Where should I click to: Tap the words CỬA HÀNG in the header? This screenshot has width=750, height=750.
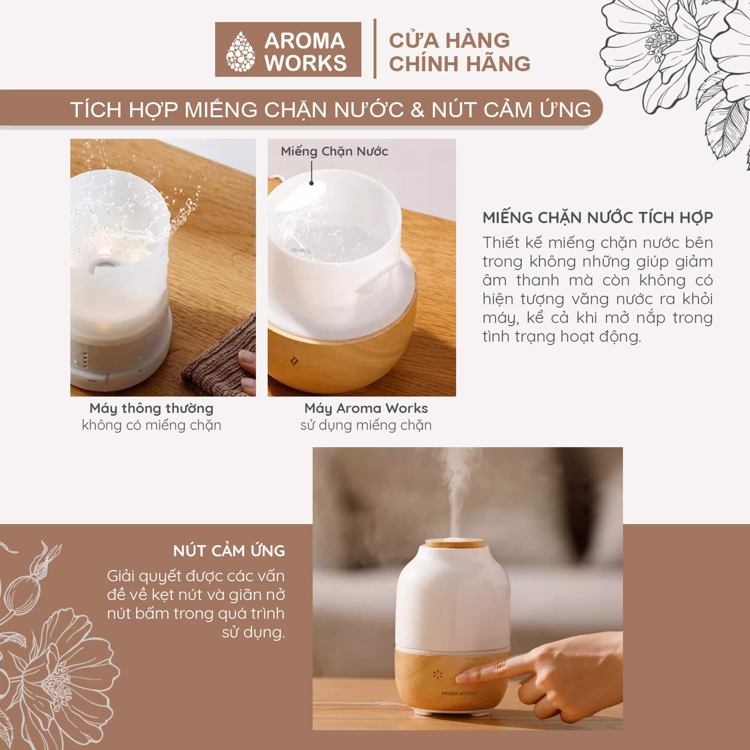click(x=450, y=40)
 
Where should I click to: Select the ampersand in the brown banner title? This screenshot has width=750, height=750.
click(x=417, y=110)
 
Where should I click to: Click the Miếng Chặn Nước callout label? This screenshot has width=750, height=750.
click(x=334, y=151)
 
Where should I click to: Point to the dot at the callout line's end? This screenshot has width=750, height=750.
click(x=312, y=183)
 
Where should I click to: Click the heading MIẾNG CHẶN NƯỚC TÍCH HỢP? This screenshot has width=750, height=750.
click(x=598, y=217)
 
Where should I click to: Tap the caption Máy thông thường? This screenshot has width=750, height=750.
click(x=151, y=408)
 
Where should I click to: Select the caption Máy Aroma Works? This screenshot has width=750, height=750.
click(x=366, y=408)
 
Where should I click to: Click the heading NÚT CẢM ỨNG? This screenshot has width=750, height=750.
click(x=229, y=551)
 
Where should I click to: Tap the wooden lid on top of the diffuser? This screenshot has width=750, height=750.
click(x=454, y=544)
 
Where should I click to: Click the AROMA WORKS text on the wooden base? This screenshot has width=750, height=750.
click(x=459, y=693)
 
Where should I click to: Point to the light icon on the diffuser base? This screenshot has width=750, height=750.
click(x=438, y=675)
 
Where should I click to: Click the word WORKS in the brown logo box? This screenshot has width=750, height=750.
click(x=306, y=63)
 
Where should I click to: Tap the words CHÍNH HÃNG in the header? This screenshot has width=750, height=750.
click(x=459, y=64)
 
